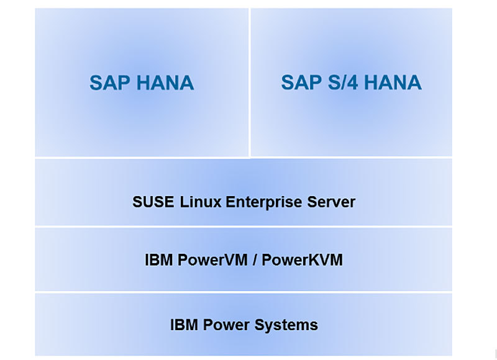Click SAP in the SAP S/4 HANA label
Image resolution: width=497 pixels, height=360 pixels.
[301, 83]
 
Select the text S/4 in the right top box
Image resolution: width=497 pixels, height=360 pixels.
[344, 83]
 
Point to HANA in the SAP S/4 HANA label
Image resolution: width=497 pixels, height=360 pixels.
[394, 83]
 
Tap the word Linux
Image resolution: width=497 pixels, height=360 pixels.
[198, 202]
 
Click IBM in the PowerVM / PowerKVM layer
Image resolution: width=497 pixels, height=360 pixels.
[157, 259]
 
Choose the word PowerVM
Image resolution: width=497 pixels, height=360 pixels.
[208, 259]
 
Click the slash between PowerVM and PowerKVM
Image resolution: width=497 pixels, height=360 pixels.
[253, 259]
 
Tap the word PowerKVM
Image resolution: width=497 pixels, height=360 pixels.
[302, 259]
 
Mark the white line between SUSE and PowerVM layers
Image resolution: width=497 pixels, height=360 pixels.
[244, 227]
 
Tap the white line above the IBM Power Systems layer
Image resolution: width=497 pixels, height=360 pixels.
[244, 292]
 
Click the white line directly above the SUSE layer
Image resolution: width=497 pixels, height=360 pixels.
[244, 158]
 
